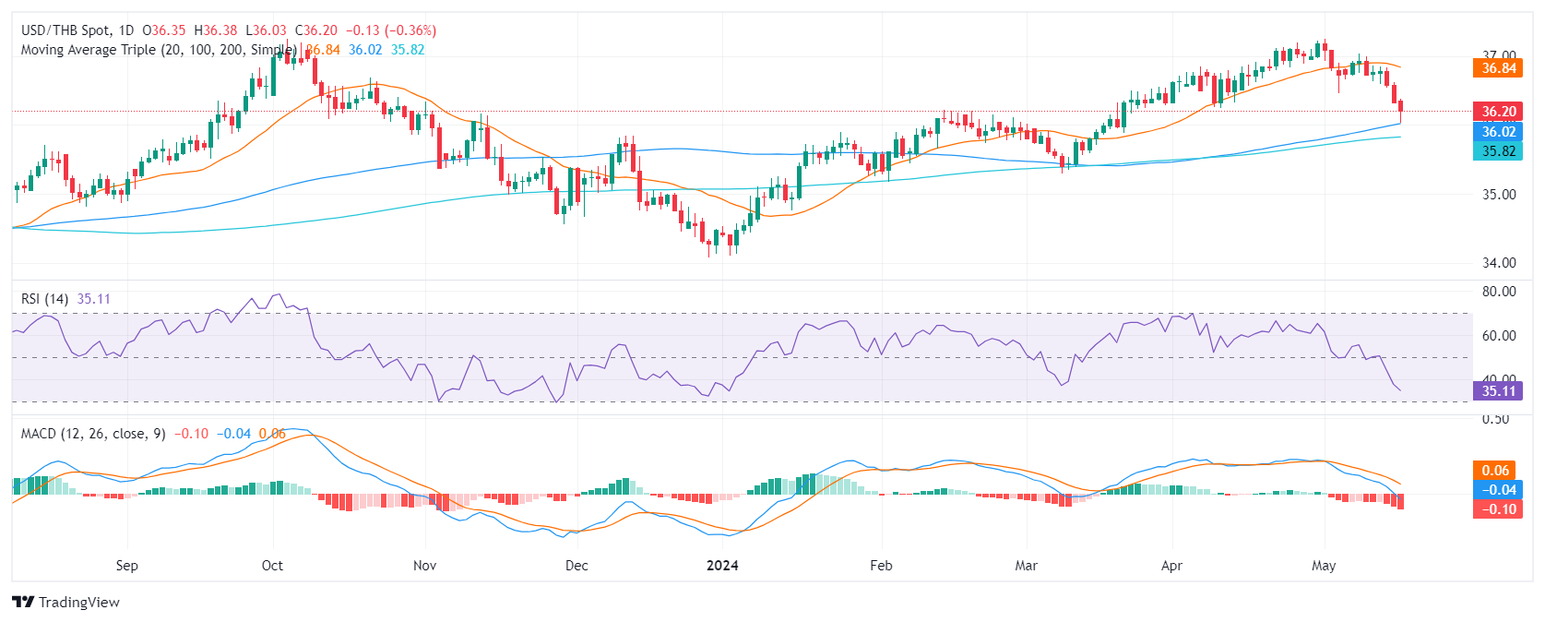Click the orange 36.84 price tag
[x=1498, y=68]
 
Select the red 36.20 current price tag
[x=1498, y=112]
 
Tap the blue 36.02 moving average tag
[x=1498, y=132]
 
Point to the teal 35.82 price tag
[x=1498, y=151]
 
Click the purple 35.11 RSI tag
[x=1498, y=391]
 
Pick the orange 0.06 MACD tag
[x=1495, y=471]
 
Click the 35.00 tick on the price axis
[x=1499, y=195]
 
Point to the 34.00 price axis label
[x=1499, y=263]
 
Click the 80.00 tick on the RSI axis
[x=1499, y=292]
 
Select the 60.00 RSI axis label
[x=1499, y=336]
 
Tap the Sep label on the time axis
[x=127, y=566]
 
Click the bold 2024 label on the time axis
[x=722, y=566]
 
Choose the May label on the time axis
[x=1324, y=566]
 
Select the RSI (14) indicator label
[x=44, y=299]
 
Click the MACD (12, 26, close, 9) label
[x=93, y=434]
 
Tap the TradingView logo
[x=66, y=603]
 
